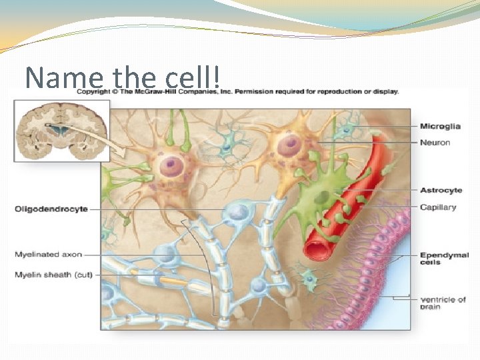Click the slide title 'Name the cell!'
(x=123, y=77)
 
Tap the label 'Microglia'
(x=440, y=126)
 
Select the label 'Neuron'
(x=435, y=142)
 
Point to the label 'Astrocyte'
(x=441, y=191)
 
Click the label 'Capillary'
(x=438, y=207)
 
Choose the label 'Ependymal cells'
(x=444, y=259)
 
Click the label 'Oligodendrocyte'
(x=51, y=209)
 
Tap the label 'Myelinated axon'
(x=49, y=254)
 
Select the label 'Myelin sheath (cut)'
(x=53, y=274)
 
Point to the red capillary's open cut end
(x=317, y=249)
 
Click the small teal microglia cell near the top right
(x=346, y=131)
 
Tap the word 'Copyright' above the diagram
(x=93, y=91)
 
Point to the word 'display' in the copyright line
(x=385, y=91)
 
